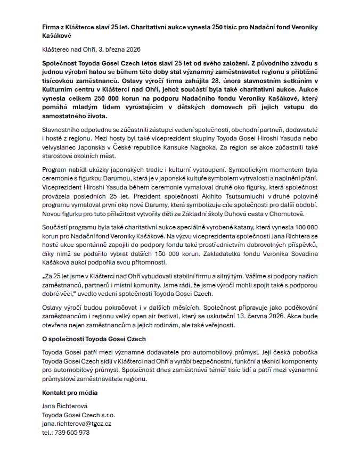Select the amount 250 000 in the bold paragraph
click(x=109, y=98)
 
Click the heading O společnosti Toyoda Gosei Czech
click(x=94, y=339)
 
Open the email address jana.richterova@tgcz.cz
click(x=77, y=424)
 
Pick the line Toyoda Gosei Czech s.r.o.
click(x=79, y=415)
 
